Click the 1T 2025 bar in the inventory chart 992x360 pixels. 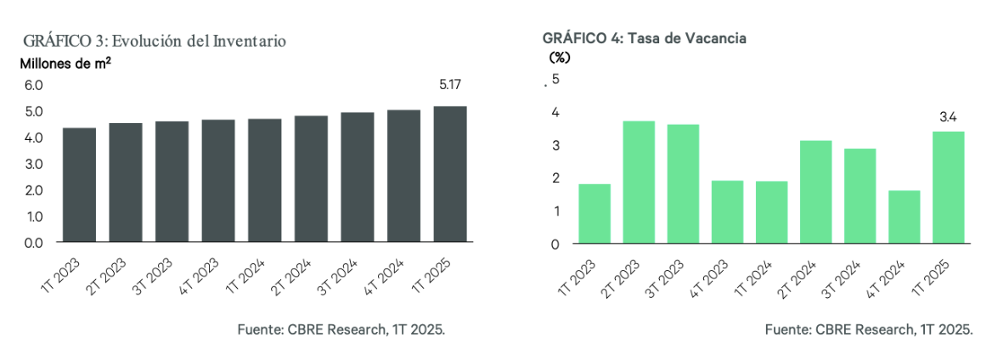(x=450, y=174)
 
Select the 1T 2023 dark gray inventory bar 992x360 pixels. (x=79, y=185)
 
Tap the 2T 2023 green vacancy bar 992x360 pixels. (x=639, y=182)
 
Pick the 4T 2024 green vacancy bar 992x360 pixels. (x=904, y=217)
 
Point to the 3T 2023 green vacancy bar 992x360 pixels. (x=683, y=183)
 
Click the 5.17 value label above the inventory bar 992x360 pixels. (x=450, y=85)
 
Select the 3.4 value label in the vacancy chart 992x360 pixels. (x=948, y=116)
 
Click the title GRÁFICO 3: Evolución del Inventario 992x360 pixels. (x=154, y=41)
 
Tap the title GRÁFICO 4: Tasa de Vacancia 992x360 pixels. (x=644, y=40)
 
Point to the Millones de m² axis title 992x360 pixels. (x=65, y=64)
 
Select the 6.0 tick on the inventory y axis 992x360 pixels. (x=33, y=86)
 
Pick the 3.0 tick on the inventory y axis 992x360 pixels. (x=33, y=164)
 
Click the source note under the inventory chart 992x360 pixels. (x=341, y=329)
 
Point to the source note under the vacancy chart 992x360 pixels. (x=868, y=329)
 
